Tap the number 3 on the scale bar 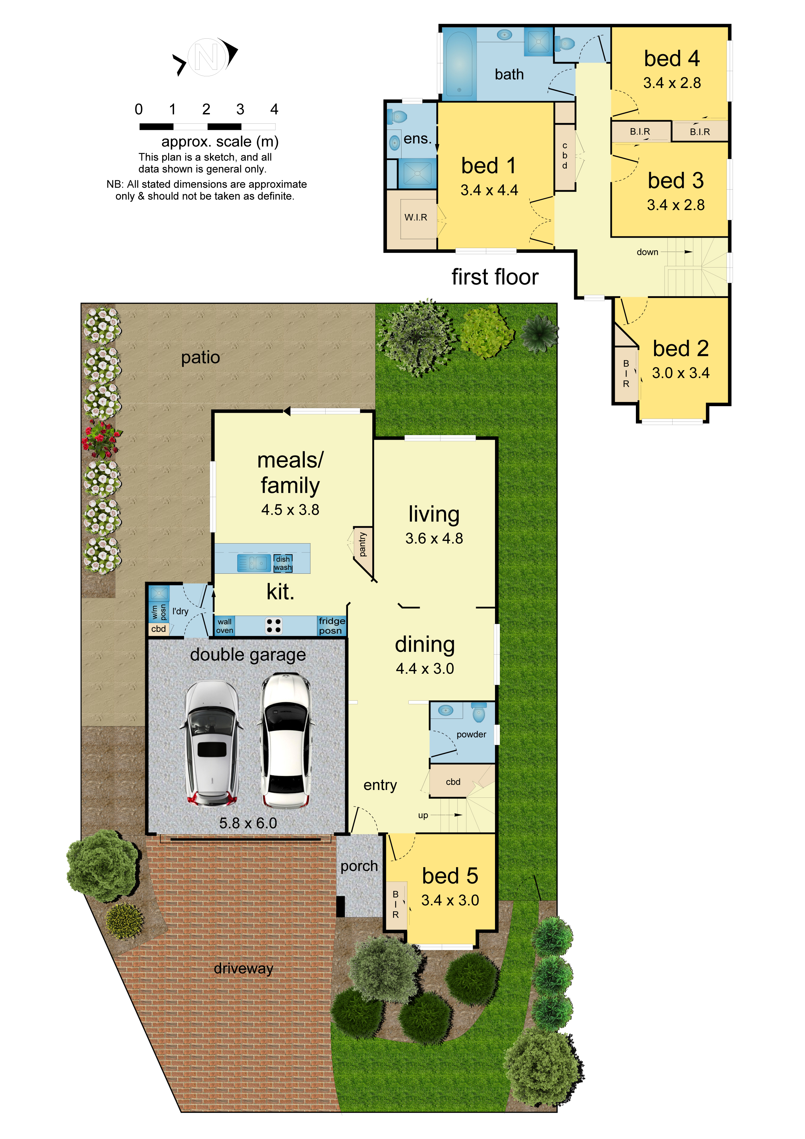click(x=240, y=109)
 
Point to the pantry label click(x=363, y=544)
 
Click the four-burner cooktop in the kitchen click(x=273, y=626)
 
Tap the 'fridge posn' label click(x=331, y=626)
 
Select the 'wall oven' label click(x=224, y=626)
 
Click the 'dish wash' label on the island click(x=283, y=563)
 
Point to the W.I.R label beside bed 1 click(x=415, y=217)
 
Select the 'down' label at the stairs click(x=647, y=252)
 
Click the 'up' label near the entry click(x=423, y=815)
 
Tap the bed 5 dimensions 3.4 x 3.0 click(x=450, y=900)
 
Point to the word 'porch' click(x=359, y=866)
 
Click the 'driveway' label click(x=243, y=968)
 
